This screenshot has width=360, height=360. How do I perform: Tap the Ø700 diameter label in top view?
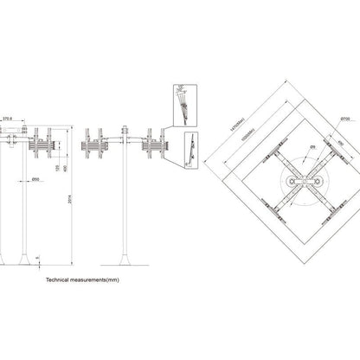(x=344, y=118)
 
